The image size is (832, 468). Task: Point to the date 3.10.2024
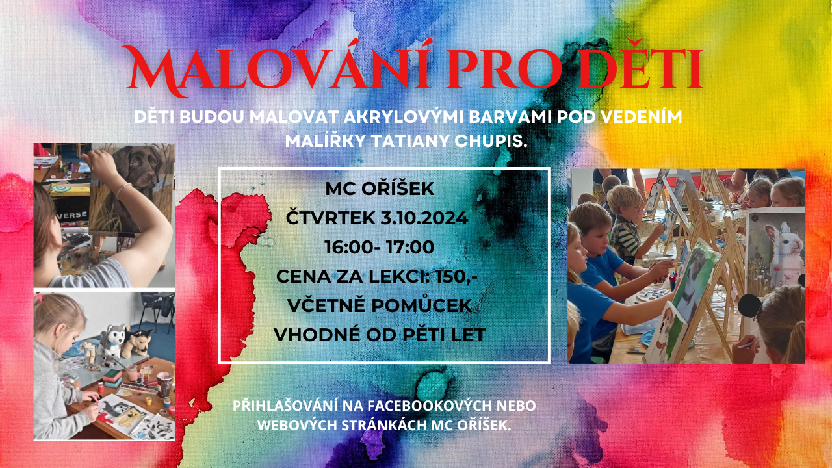coord(424,218)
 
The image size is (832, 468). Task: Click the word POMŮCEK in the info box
coord(422,305)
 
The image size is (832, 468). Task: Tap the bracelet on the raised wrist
coord(123,190)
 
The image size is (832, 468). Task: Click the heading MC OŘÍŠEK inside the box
coord(380,188)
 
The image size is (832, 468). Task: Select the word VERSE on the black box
coord(72,215)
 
